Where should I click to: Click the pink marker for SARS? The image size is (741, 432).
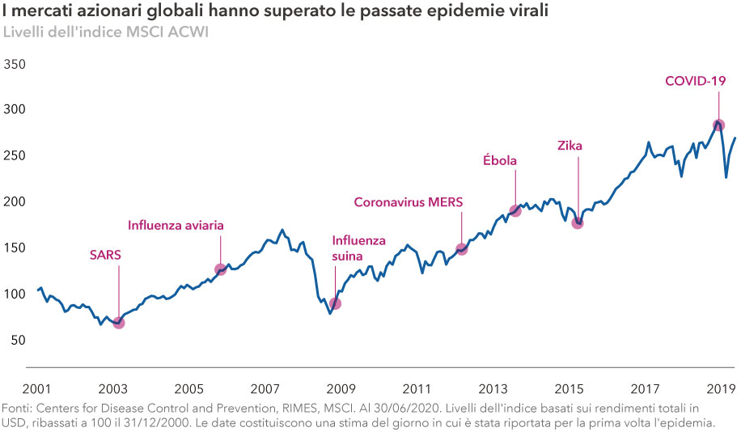(x=119, y=323)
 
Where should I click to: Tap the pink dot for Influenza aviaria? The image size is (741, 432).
(x=220, y=269)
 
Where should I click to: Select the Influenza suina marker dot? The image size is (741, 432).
(x=335, y=303)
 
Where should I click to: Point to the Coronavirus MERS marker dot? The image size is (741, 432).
(x=462, y=249)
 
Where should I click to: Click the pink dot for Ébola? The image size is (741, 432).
(x=515, y=211)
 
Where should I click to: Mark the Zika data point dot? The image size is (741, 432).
(x=578, y=222)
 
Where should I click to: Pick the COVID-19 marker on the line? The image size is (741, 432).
(x=718, y=125)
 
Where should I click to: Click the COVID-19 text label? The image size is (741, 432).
(x=695, y=81)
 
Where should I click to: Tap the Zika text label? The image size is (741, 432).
(x=570, y=146)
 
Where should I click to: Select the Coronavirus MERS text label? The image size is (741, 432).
(x=409, y=201)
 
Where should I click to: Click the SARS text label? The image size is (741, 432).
(x=105, y=257)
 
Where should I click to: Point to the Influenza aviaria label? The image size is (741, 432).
(x=176, y=225)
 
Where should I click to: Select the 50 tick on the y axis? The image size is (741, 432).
(x=19, y=341)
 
